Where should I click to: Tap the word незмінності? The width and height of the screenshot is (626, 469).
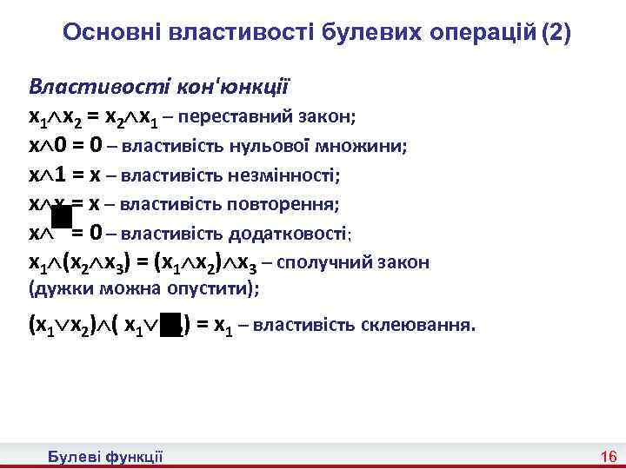point(283,176)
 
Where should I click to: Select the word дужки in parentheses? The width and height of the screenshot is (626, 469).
point(57,288)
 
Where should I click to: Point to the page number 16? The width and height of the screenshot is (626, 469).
point(608,457)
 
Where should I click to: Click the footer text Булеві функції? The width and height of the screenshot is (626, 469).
point(105,457)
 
